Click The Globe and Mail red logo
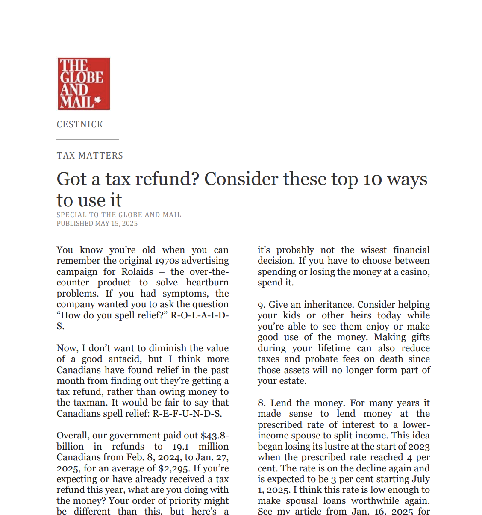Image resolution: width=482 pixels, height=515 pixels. point(84,84)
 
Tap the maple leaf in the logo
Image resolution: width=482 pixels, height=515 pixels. point(97,100)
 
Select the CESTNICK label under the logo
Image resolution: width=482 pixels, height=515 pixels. point(80,124)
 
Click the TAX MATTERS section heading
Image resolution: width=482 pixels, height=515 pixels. point(90,156)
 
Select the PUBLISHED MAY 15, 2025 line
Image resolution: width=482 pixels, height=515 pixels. point(97,224)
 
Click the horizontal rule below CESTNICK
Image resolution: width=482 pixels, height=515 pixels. point(88,139)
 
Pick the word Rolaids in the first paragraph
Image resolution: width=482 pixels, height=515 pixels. point(137,272)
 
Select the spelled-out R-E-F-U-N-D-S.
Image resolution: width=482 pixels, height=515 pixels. point(187,414)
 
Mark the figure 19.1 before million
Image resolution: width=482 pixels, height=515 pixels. point(180,447)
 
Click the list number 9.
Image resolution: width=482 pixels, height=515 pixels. point(261,305)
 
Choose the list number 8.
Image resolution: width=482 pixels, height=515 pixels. point(261,403)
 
